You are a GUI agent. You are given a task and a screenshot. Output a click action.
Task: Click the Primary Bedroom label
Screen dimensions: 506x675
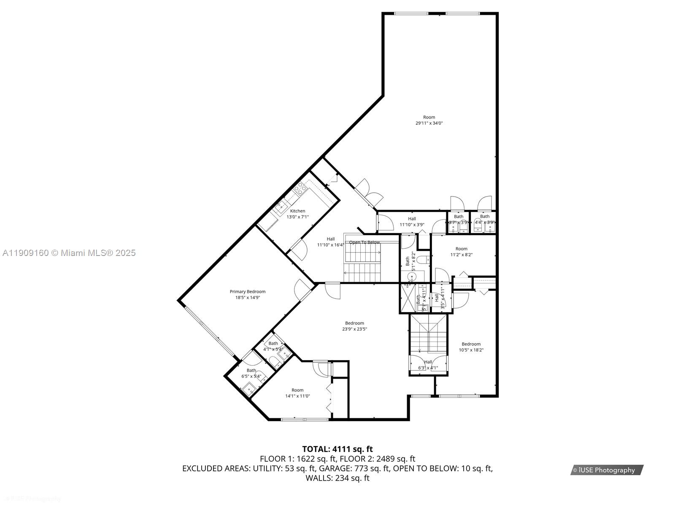coord(248,291)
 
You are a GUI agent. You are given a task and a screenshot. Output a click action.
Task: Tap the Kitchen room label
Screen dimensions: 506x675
coord(297,211)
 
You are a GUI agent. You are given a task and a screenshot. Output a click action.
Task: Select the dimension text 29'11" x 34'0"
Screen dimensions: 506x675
coord(429,123)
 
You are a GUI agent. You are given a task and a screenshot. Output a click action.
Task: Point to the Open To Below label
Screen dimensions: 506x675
coord(364,242)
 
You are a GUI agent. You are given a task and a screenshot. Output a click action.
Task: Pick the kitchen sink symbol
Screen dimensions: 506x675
coord(281,207)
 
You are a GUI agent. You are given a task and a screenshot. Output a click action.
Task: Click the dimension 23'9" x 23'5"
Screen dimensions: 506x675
coord(354,329)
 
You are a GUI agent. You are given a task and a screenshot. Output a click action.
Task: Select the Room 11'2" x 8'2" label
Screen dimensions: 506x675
coord(462,252)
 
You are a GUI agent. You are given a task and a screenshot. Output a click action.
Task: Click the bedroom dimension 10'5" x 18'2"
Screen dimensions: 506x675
coord(471,350)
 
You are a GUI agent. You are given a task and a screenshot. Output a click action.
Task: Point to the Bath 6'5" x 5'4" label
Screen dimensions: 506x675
coord(251,373)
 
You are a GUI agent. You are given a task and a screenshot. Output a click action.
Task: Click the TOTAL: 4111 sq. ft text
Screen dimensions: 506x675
coord(337,449)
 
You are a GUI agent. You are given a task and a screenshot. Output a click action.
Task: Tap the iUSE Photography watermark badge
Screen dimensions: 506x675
coord(607,470)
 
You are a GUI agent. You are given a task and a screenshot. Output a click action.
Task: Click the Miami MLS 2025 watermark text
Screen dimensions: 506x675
coord(69,253)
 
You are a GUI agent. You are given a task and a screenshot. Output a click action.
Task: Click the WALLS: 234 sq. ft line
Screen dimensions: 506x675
coord(337,478)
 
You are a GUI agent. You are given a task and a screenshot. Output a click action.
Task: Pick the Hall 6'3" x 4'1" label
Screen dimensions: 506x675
coord(428,365)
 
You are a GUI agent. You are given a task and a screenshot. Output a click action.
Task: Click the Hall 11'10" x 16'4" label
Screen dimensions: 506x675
coord(331,242)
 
